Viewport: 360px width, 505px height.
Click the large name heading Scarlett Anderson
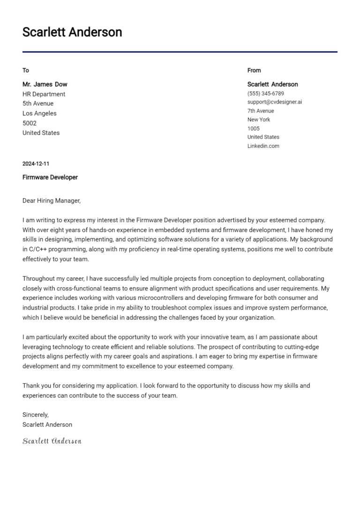pyautogui.click(x=72, y=32)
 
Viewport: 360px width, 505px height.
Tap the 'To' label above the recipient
pyautogui.click(x=26, y=70)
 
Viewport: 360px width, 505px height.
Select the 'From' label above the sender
pyautogui.click(x=254, y=70)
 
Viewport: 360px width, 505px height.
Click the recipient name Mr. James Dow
pyautogui.click(x=45, y=84)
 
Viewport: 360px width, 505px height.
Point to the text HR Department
pyautogui.click(x=44, y=94)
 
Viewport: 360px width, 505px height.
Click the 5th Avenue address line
pyautogui.click(x=38, y=104)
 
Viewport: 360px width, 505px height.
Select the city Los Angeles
pyautogui.click(x=39, y=113)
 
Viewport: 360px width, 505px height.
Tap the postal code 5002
pyautogui.click(x=30, y=123)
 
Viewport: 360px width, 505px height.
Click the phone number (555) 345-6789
pyautogui.click(x=265, y=94)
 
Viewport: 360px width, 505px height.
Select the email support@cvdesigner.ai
pyautogui.click(x=275, y=102)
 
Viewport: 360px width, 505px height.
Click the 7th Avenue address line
pyautogui.click(x=261, y=111)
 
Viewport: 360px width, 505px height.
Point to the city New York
pyautogui.click(x=259, y=119)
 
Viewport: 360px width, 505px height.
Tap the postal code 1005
pyautogui.click(x=253, y=128)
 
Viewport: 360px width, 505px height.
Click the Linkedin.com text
pyautogui.click(x=263, y=146)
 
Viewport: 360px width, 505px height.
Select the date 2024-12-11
pyautogui.click(x=36, y=164)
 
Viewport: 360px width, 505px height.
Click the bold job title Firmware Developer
pyautogui.click(x=50, y=178)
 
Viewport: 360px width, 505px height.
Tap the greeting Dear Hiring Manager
pyautogui.click(x=52, y=201)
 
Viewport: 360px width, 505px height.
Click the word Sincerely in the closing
pyautogui.click(x=36, y=415)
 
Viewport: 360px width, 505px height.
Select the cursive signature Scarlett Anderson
pyautogui.click(x=52, y=441)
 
